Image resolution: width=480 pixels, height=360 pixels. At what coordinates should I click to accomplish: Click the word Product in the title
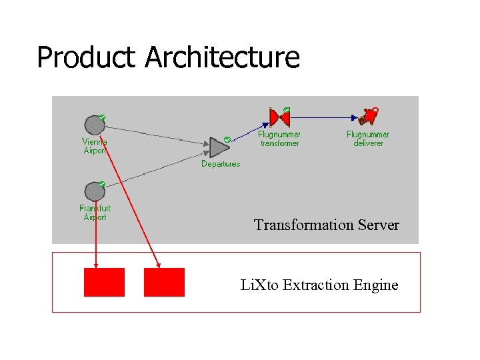click(x=87, y=57)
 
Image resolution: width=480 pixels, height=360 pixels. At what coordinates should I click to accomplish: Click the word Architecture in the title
click(x=222, y=57)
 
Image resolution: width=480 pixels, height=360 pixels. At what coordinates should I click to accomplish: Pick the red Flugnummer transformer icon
click(x=279, y=118)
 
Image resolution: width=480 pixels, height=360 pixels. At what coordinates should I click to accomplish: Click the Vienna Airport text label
click(x=94, y=146)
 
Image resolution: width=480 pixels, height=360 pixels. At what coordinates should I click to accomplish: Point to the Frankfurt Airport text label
click(x=94, y=213)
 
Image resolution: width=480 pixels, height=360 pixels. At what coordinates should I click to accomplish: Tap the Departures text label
click(x=221, y=164)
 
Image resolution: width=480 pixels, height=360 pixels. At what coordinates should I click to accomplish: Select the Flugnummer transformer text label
click(x=279, y=139)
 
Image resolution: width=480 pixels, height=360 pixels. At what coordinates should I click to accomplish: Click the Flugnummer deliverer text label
click(x=368, y=139)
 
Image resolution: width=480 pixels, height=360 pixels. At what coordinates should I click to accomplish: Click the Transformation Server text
click(x=326, y=225)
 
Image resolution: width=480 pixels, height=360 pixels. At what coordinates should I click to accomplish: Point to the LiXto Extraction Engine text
click(x=319, y=285)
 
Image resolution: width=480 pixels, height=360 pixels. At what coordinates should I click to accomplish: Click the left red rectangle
click(x=104, y=282)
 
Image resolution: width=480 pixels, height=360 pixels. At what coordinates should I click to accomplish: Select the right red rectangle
click(x=164, y=282)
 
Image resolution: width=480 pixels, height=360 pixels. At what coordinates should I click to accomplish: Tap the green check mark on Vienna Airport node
click(x=102, y=117)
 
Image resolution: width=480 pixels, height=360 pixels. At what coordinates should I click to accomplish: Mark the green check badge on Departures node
click(x=227, y=139)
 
